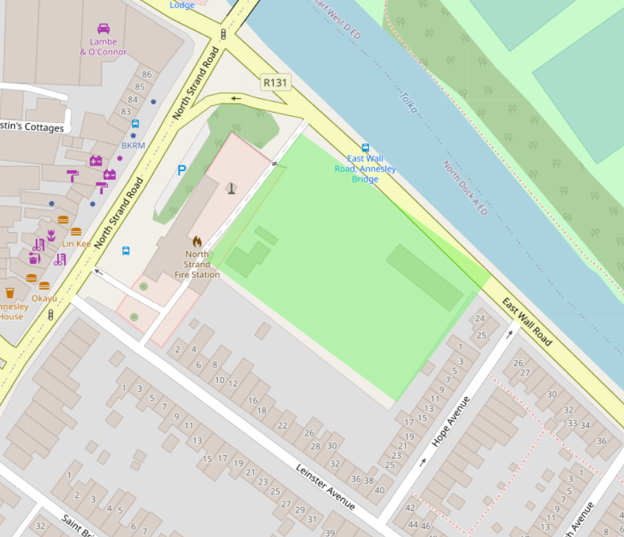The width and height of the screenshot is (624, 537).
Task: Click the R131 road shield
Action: tap(276, 83)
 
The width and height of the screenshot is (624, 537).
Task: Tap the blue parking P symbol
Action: tap(182, 170)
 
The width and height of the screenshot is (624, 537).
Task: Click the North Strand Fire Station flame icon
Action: tap(197, 242)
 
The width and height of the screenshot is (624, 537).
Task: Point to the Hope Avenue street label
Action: tap(450, 422)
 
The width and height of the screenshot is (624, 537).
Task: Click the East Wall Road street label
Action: tap(527, 321)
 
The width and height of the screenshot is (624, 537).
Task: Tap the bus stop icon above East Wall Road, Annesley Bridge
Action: tap(366, 148)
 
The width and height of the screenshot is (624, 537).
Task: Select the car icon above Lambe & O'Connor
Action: tap(104, 29)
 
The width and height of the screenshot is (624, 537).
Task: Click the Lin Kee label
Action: tap(76, 244)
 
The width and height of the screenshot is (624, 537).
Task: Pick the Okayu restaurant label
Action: tap(44, 298)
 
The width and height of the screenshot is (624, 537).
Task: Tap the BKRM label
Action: tap(133, 146)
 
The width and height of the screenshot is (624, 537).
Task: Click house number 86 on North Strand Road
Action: tap(146, 74)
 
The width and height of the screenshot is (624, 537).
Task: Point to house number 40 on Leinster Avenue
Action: tap(380, 490)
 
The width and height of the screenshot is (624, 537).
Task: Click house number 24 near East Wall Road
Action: tap(480, 319)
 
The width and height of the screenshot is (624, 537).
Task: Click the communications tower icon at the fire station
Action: tap(232, 187)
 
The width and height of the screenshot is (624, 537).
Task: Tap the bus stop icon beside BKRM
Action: tap(135, 124)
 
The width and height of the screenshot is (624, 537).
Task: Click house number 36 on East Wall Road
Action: tap(601, 441)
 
